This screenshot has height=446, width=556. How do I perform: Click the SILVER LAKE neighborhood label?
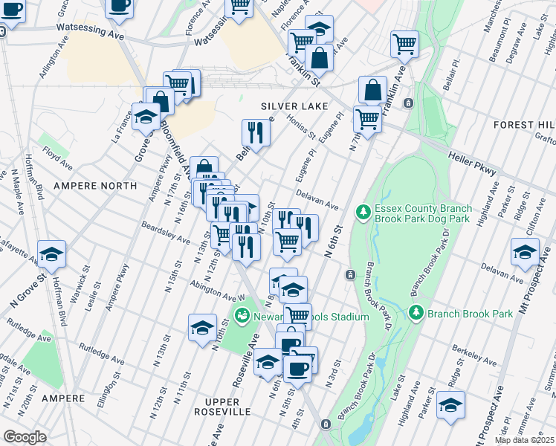tap(294, 106)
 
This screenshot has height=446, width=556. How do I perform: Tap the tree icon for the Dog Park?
tap(363, 213)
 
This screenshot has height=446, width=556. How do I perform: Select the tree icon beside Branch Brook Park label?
tap(416, 313)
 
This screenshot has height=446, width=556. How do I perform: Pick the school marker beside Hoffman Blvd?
tap(52, 253)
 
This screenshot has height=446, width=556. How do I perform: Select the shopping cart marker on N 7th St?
tap(367, 117)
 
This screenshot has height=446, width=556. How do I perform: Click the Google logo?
tap(25, 437)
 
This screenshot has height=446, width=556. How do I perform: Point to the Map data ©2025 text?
tap(523, 441)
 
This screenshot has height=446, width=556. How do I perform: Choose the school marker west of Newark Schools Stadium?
tap(202, 326)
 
